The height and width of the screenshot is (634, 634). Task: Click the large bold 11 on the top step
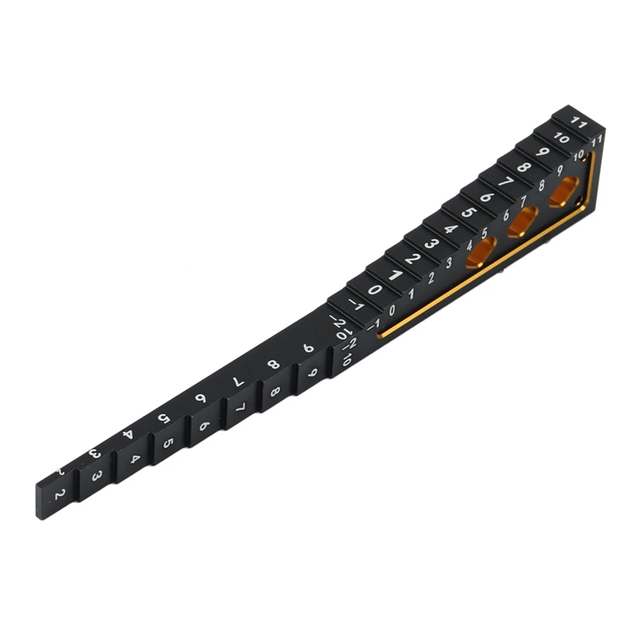coord(579,124)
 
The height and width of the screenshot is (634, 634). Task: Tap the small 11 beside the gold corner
coord(597,139)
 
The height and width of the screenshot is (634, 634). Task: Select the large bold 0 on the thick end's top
coord(374,289)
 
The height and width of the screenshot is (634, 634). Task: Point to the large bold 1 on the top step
coord(394,275)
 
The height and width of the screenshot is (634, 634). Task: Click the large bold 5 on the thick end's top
coord(468,213)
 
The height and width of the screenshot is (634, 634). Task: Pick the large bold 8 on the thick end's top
coord(524,168)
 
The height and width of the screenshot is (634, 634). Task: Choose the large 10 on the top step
coord(560,138)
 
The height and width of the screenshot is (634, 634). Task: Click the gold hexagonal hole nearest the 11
coord(563,191)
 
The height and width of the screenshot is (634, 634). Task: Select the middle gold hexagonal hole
coord(522,222)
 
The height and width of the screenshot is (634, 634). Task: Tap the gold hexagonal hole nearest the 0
coord(481,252)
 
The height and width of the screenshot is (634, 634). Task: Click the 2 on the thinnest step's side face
coord(58,495)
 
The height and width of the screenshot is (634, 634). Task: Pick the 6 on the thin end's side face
coord(204,426)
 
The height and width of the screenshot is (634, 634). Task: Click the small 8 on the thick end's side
coord(542,188)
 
